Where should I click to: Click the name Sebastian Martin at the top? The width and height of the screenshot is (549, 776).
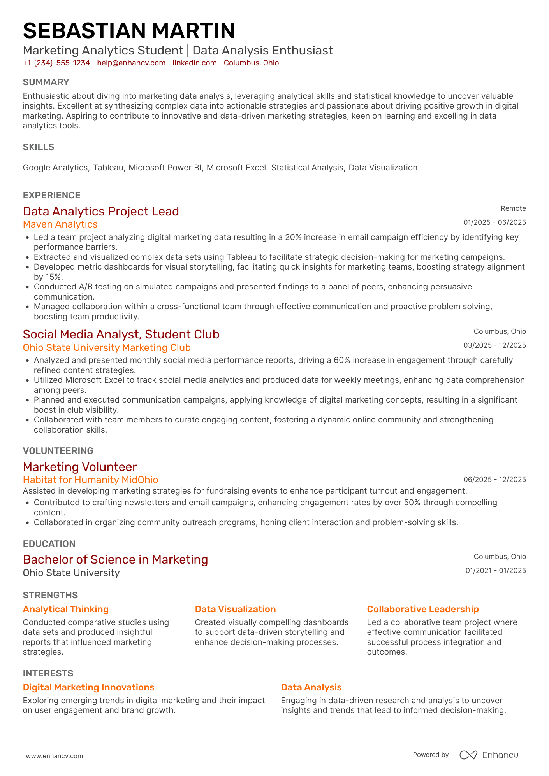tap(129, 31)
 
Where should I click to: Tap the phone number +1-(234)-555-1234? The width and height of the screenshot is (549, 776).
tap(56, 63)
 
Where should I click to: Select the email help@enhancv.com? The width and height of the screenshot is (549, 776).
tap(131, 63)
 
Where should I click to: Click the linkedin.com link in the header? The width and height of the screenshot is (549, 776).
tap(195, 63)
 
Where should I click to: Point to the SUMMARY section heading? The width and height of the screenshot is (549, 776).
tap(46, 82)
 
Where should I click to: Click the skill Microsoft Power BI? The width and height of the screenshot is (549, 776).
tap(165, 168)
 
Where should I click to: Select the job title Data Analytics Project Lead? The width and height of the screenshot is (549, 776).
tap(101, 212)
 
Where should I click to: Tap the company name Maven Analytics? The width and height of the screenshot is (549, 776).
tap(60, 224)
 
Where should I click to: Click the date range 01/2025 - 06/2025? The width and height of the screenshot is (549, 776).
tap(494, 222)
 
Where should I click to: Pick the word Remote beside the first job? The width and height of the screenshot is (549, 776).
tap(513, 208)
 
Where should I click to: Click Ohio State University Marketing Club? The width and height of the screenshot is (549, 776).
tap(107, 347)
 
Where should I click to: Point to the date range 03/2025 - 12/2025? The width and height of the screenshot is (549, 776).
tap(494, 345)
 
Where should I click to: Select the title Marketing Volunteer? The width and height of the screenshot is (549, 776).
tap(80, 467)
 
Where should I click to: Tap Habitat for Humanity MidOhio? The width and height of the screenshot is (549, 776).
tap(90, 480)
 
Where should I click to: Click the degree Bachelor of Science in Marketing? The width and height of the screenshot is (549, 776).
tap(115, 559)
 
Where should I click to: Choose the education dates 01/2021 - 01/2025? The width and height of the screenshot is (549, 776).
tap(495, 571)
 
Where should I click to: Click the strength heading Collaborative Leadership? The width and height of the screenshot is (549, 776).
tap(423, 609)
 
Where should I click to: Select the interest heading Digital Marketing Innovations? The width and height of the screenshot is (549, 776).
tap(89, 687)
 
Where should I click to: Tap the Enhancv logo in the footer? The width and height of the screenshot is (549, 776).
tap(489, 755)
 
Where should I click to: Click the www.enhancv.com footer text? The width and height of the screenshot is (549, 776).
tap(54, 756)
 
